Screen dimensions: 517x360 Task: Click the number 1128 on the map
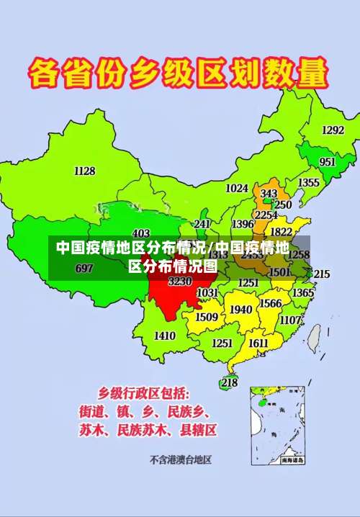(84, 171)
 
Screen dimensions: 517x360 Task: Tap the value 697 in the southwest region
(84, 269)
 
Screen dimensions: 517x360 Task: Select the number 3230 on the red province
(180, 282)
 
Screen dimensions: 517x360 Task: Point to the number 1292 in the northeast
(333, 130)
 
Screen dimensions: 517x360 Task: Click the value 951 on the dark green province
(328, 162)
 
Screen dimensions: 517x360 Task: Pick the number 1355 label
(309, 183)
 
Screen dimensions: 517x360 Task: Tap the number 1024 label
(237, 189)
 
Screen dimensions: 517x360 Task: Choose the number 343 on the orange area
(269, 194)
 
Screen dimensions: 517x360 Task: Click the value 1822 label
(281, 232)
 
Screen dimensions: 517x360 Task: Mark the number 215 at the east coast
(321, 274)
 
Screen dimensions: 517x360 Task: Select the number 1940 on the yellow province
(240, 310)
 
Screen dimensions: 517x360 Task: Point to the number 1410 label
(165, 336)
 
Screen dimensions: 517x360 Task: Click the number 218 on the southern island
(229, 383)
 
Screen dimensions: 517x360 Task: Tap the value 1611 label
(258, 343)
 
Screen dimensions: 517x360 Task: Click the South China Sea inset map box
(278, 425)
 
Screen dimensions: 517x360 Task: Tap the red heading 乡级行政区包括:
(144, 393)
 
